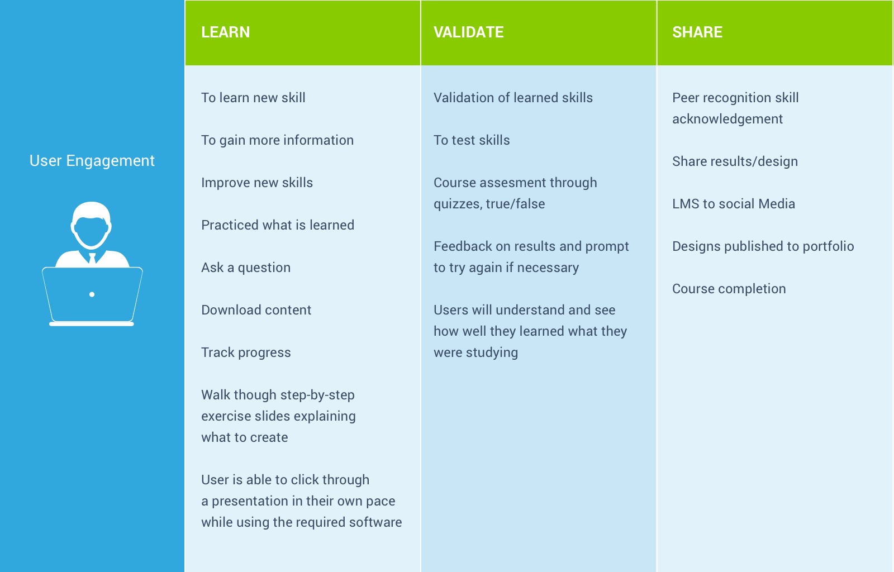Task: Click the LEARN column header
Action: pos(225,32)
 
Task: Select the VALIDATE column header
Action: pos(469,32)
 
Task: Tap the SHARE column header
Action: pos(697,32)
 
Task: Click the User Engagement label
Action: pos(92,161)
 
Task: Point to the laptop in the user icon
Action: pos(92,297)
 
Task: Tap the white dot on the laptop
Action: pos(92,294)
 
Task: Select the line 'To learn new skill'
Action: pos(253,98)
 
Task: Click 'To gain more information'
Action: pos(277,140)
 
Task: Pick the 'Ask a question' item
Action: pos(246,268)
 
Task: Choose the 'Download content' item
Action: pos(256,310)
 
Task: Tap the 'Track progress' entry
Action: pos(246,352)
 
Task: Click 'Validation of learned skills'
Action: pos(513,98)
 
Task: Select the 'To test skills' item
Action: pos(472,140)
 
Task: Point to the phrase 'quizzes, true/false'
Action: pos(489,204)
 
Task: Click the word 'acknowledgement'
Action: pos(727,119)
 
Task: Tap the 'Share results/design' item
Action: pos(735,161)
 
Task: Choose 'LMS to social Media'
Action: pos(733,204)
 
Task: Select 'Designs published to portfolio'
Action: pos(763,246)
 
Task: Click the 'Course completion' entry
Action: pos(729,289)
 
